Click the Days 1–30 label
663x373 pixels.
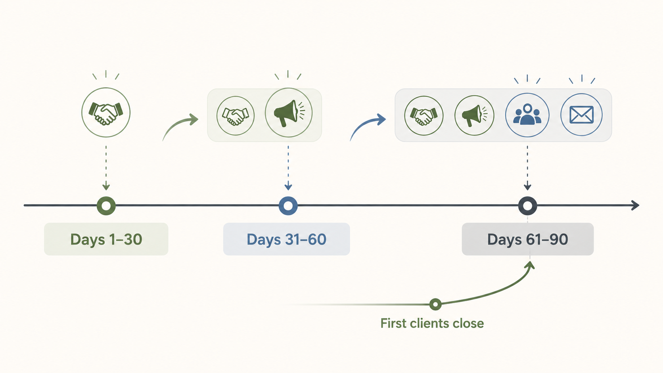[x=106, y=239]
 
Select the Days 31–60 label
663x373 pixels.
[x=286, y=239]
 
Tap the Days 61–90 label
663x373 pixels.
[x=527, y=239]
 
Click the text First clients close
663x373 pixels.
[x=432, y=323]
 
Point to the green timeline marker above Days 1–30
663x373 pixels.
[x=106, y=206]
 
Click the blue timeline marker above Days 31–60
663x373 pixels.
[x=288, y=206]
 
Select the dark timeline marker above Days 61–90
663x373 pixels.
[x=527, y=206]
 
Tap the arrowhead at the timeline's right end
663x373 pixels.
[x=635, y=205]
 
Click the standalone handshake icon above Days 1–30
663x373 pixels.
[x=106, y=113]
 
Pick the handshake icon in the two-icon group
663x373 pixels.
[x=236, y=115]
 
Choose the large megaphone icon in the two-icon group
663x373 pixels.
[x=288, y=113]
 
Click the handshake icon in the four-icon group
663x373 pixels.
[x=423, y=115]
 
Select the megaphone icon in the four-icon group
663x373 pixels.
[x=474, y=115]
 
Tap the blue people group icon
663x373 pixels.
[x=527, y=115]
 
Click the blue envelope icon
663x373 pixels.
[x=581, y=115]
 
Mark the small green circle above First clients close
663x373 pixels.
[x=435, y=304]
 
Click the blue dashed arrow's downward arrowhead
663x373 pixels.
[x=288, y=186]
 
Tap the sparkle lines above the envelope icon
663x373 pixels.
[x=582, y=79]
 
